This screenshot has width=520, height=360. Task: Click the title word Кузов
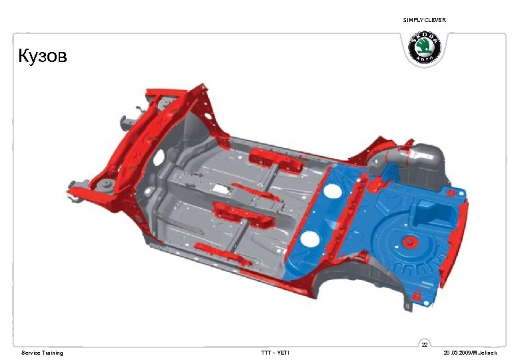coord(43,55)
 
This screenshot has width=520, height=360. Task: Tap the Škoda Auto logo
coord(424,47)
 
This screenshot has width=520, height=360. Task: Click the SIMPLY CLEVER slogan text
coord(424,20)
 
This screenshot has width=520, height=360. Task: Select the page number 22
coord(425,345)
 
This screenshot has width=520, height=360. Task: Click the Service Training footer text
coord(42,353)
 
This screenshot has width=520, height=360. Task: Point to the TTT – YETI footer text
coord(275,353)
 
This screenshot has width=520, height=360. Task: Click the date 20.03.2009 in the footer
coord(457,353)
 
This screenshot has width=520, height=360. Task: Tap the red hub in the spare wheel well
coord(409,242)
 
